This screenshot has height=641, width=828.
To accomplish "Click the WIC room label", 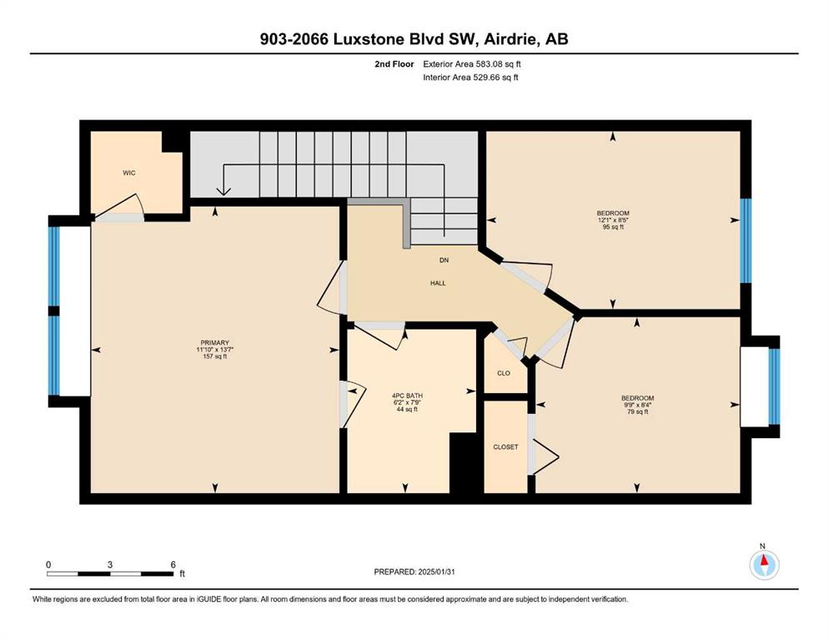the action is point(129,173).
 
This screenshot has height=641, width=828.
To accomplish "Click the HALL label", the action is point(438,283).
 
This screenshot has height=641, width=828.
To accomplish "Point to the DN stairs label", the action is point(444,260).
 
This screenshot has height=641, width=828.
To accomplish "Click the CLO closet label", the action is point(504,373).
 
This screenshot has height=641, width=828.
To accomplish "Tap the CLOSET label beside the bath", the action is point(505,447).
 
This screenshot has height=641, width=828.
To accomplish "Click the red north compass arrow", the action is point(764,559).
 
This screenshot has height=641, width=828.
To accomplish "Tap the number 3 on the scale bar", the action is point(110,564).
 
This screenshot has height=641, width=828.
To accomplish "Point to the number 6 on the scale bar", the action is point(173,564).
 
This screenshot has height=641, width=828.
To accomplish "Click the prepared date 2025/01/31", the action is point(436,572).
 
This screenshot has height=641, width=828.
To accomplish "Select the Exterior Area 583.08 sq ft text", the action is point(472,64).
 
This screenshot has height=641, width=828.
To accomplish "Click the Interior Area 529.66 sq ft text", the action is point(470,77).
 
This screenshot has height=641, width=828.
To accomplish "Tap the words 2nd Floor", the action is point(394,64).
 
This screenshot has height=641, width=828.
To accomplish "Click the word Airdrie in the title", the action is point(510,39).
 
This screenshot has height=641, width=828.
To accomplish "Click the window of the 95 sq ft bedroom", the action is point(745,240).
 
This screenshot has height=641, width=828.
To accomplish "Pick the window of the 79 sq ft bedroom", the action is point(774,386).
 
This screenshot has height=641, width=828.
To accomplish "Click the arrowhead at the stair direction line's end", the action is point(223,191).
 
